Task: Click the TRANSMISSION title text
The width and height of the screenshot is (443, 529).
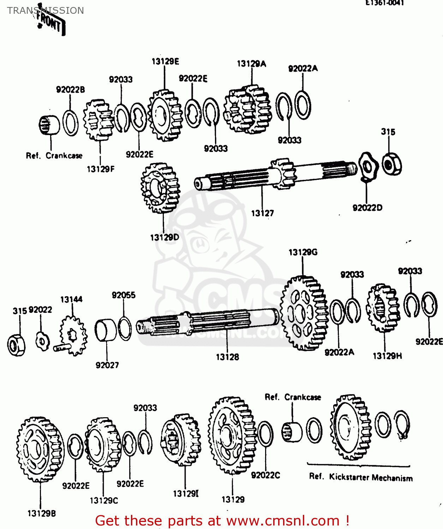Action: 46,11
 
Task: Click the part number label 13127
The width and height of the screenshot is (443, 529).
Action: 262,213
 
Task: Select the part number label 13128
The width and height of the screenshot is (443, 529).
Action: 227,357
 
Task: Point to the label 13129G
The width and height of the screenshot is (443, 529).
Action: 303,252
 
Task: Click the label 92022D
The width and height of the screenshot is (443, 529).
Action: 367,208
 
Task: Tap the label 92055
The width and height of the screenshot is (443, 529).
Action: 124,295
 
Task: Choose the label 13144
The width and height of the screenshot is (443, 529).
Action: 71,299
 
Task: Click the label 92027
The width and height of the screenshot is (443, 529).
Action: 107,365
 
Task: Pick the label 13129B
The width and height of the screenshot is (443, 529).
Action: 42,513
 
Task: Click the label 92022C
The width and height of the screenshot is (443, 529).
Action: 265,475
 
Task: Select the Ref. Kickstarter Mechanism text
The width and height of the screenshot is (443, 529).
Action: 361,477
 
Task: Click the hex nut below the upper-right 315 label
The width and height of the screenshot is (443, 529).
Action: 391,164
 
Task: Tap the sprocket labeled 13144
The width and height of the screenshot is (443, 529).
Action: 73,335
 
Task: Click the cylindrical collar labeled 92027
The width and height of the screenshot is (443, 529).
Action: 106,330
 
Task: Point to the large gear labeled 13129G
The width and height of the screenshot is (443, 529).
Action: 304,313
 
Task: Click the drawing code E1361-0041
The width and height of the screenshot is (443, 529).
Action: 384,3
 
